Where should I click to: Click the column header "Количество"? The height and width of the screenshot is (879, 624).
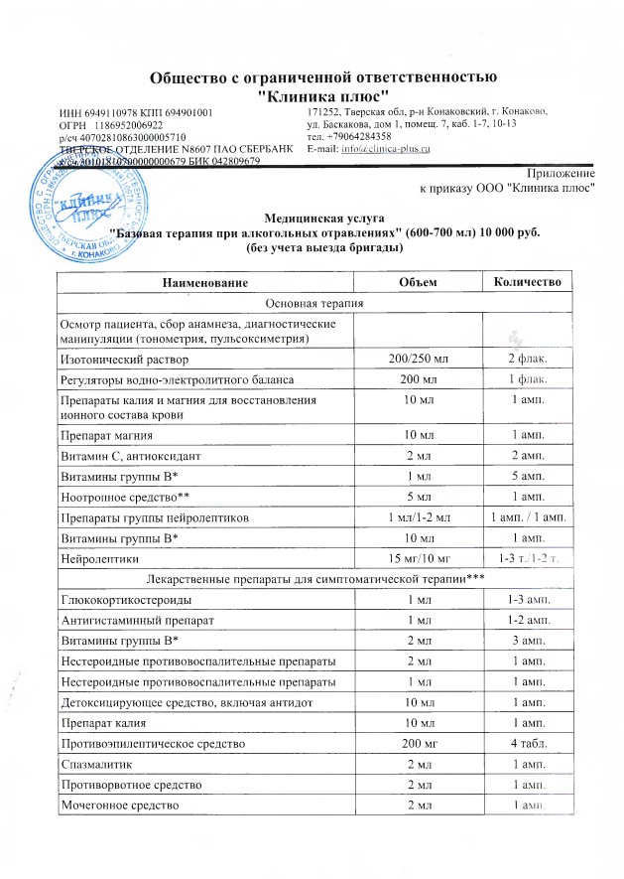tap(521, 283)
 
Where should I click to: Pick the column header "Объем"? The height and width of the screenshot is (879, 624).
tap(417, 283)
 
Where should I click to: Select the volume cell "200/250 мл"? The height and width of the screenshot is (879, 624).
tap(417, 358)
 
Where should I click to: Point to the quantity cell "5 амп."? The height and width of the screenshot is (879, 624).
tap(521, 476)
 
